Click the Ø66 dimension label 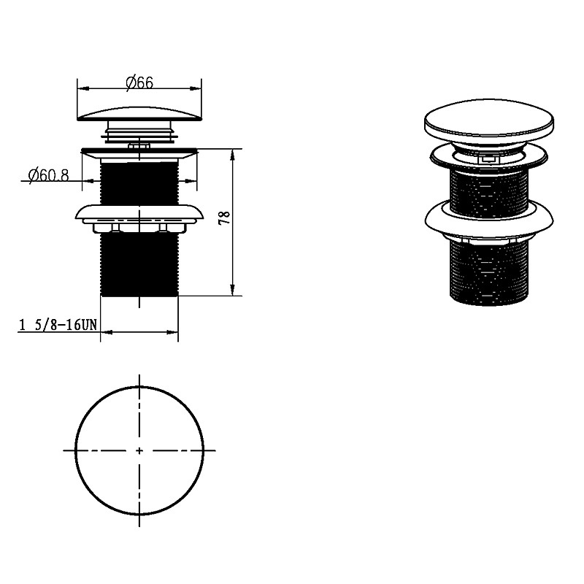click(x=139, y=82)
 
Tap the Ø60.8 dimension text click(x=48, y=174)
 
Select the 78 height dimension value click(x=225, y=217)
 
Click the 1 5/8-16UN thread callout click(x=58, y=325)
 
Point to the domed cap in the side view click(x=139, y=114)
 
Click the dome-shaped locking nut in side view click(x=139, y=212)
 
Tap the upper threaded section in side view click(x=139, y=182)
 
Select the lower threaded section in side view click(x=139, y=264)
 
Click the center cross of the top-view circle click(x=139, y=450)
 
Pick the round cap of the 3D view click(x=489, y=121)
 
